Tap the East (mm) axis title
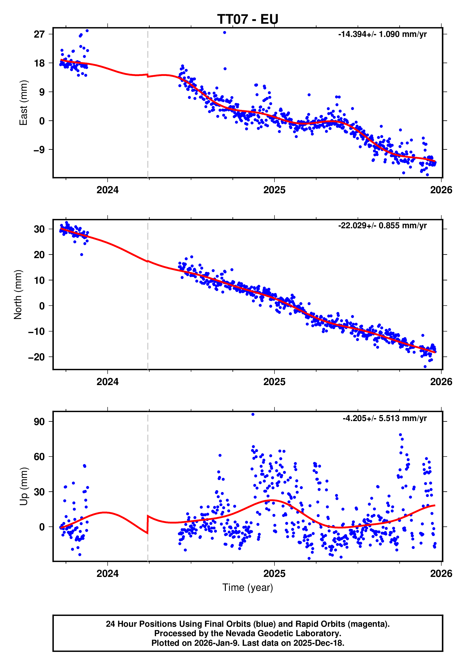pos(23,103)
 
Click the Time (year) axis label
pos(247,587)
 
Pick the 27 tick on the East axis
pos(39,34)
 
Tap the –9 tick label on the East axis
pos(39,150)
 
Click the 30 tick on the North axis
pos(39,229)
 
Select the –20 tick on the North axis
pos(36,357)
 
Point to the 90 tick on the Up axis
pos(39,422)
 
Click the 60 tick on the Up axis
pos(39,457)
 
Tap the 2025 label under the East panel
pos(274,190)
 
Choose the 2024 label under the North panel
pos(107,382)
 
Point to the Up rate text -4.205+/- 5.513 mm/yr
pos(384,418)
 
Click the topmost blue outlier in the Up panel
pos(253,414)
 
